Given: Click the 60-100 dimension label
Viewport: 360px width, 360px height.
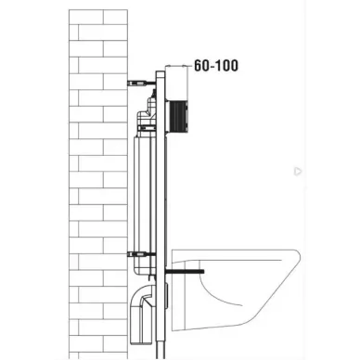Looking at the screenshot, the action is pyautogui.click(x=216, y=66).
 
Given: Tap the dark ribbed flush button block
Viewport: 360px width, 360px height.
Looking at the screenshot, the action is pyautogui.click(x=178, y=116).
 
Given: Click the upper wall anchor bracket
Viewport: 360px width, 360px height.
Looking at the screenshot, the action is pyautogui.click(x=141, y=83).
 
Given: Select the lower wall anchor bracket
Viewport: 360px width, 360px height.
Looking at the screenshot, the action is pyautogui.click(x=141, y=255).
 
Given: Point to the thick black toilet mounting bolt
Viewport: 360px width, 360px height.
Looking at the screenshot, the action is pyautogui.click(x=185, y=272).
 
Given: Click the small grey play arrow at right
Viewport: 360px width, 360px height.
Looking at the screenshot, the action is pyautogui.click(x=298, y=171).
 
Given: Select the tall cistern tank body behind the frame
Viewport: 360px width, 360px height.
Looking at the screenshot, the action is pyautogui.click(x=145, y=204).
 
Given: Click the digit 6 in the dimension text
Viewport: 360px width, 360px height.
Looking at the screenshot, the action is pyautogui.click(x=198, y=66).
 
